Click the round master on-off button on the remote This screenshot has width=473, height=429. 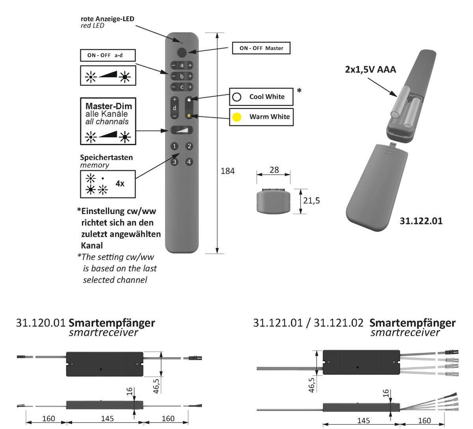click(182, 52)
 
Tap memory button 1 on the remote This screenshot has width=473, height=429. click(174, 146)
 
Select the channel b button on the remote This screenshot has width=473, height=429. click(182, 76)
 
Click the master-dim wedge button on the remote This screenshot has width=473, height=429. click(181, 130)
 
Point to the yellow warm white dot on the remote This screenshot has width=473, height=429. click(189, 116)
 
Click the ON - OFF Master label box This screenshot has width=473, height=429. click(261, 48)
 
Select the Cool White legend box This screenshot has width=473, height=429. click(261, 97)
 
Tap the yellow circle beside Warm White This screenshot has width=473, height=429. click(237, 117)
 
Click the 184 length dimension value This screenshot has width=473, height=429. click(228, 171)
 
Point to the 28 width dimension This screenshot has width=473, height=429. click(274, 170)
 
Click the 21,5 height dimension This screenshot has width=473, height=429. click(311, 201)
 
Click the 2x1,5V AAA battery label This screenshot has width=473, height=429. click(370, 70)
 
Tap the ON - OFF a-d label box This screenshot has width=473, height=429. click(108, 55)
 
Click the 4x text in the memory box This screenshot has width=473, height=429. click(120, 184)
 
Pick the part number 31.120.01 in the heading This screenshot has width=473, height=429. click(41, 323)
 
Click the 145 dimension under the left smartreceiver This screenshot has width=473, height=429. click(107, 418)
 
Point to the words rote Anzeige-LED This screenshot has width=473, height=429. click(107, 19)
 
